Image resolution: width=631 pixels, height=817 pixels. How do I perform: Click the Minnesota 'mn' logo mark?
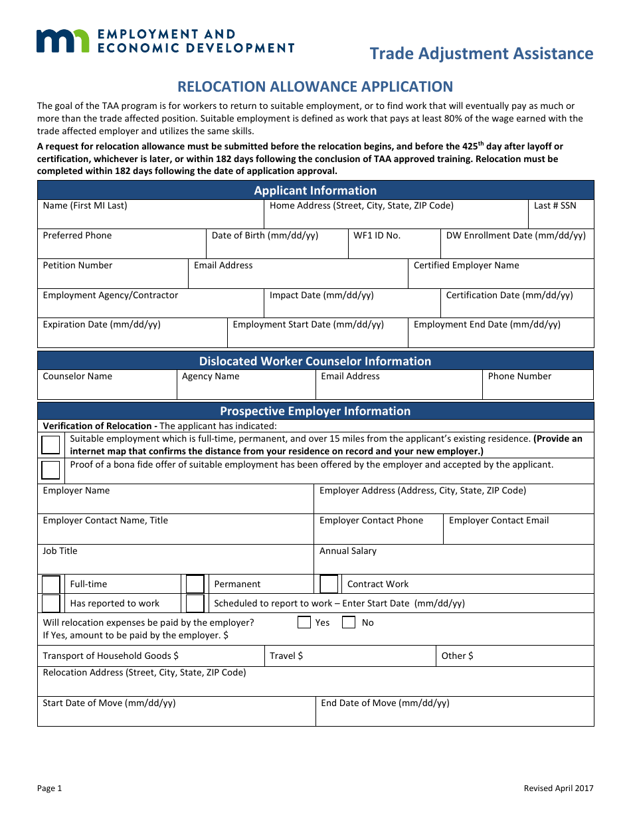click(62, 41)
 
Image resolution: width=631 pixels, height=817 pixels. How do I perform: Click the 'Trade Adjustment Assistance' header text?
click(481, 53)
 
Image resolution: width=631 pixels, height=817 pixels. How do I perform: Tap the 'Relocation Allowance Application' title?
click(315, 86)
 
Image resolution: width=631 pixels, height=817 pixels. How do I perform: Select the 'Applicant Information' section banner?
click(315, 191)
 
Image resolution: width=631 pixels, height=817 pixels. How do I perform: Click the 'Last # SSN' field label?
click(555, 206)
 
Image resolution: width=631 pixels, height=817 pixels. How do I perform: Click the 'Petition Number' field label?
click(78, 266)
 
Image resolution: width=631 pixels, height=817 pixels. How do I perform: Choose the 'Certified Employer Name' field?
click(466, 266)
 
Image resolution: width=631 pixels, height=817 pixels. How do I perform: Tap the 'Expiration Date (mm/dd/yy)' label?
click(102, 325)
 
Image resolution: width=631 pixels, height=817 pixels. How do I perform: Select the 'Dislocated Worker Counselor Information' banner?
click(315, 361)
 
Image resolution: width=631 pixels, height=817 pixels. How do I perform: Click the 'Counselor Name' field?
click(78, 377)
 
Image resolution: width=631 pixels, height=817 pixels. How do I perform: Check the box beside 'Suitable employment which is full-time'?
click(50, 444)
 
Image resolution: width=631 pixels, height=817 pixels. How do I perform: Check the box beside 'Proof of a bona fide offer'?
click(50, 470)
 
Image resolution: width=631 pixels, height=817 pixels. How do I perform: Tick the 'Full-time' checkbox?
click(51, 585)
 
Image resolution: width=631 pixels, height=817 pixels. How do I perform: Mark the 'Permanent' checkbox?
click(195, 585)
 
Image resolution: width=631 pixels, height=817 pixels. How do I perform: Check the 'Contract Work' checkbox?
click(329, 585)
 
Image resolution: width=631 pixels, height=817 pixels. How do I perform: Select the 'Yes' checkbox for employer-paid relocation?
click(304, 623)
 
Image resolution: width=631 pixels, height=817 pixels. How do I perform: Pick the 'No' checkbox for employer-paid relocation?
click(349, 623)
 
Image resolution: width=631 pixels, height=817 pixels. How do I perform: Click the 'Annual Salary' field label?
click(348, 551)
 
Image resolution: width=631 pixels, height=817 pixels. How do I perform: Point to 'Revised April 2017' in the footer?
click(558, 788)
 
